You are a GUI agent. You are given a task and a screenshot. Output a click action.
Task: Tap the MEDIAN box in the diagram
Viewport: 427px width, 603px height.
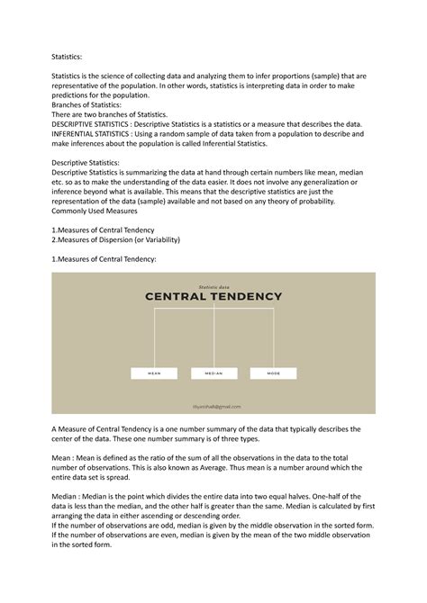click(213, 372)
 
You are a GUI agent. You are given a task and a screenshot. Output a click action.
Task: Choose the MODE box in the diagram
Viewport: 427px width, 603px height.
click(273, 372)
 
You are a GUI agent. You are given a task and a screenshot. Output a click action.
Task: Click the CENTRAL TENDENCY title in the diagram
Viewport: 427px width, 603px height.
click(213, 297)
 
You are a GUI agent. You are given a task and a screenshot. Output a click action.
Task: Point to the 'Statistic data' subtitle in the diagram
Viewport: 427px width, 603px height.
click(213, 284)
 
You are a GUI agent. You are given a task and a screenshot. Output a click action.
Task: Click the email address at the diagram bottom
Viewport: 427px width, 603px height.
click(213, 406)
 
